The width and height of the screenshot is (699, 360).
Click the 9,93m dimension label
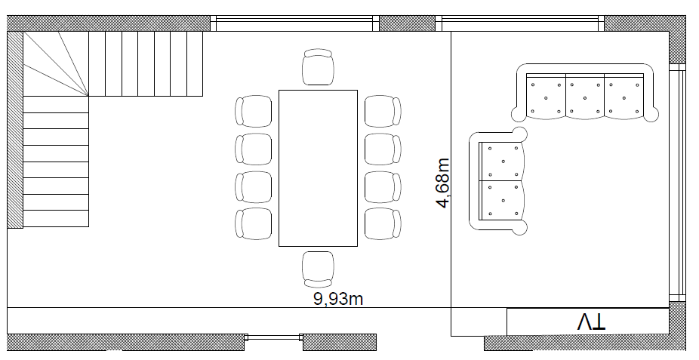(x=338, y=299)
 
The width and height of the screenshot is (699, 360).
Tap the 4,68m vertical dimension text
(x=443, y=183)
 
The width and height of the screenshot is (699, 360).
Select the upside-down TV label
(x=592, y=322)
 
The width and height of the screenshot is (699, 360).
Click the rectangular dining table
(x=319, y=168)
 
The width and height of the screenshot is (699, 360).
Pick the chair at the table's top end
(x=318, y=67)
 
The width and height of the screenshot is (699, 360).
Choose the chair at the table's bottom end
(x=318, y=269)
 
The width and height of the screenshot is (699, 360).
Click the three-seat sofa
(x=585, y=93)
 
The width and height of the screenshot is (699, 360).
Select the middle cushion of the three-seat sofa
(x=585, y=97)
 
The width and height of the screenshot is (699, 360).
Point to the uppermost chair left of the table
(x=253, y=111)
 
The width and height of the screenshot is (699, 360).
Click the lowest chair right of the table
(x=383, y=223)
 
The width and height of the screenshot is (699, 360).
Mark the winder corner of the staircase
(x=56, y=63)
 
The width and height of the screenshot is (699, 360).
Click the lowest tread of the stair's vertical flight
(x=56, y=218)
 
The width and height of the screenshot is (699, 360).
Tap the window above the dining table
(x=294, y=23)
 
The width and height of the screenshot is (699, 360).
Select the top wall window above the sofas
(x=520, y=23)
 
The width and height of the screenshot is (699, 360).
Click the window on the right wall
(x=677, y=183)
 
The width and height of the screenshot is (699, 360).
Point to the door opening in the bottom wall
(x=274, y=337)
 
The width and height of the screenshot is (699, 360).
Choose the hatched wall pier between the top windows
(x=407, y=23)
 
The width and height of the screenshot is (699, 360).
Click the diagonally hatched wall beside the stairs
(x=14, y=130)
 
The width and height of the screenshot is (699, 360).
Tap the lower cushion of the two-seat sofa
(x=501, y=200)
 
